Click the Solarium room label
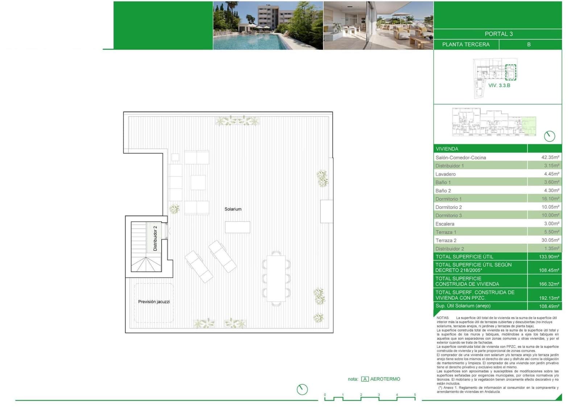click(x=233, y=209)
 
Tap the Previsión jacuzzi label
click(x=154, y=302)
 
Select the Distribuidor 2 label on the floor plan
click(x=155, y=238)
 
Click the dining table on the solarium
click(x=276, y=278)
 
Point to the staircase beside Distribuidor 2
click(x=138, y=247)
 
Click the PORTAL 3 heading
click(x=498, y=34)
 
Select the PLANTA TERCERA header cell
click(x=466, y=44)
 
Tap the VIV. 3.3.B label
click(x=499, y=85)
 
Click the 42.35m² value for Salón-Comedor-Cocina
click(x=550, y=157)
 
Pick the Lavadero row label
click(x=446, y=174)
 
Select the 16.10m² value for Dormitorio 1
click(x=550, y=199)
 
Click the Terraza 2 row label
click(x=446, y=240)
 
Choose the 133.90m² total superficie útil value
click(x=549, y=257)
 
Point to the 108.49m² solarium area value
click(x=549, y=306)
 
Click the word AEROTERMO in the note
click(x=385, y=379)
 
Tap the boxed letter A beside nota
click(x=365, y=379)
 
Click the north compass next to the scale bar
click(x=302, y=389)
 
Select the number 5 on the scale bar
click(x=415, y=395)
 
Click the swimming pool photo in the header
click(x=268, y=25)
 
